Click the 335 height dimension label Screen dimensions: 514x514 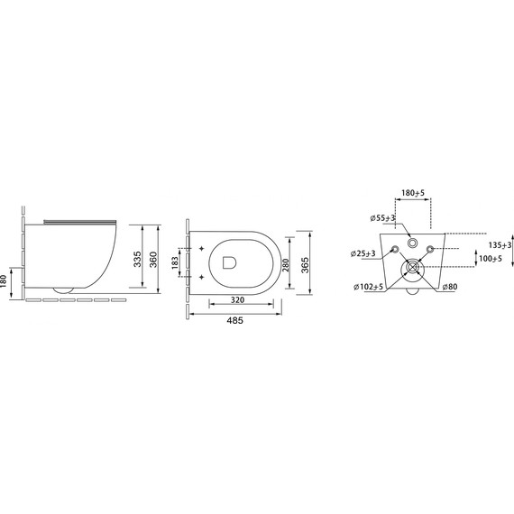138,259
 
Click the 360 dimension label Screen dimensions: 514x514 153,260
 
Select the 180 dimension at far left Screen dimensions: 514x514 4,281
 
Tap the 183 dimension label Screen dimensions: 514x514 175,262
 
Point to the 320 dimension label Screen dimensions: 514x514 237,300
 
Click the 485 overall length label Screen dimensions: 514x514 235,320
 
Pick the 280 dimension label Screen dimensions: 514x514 286,265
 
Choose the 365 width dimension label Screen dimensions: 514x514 305,265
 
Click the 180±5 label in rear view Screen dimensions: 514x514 413,193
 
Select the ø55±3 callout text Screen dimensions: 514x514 382,218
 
